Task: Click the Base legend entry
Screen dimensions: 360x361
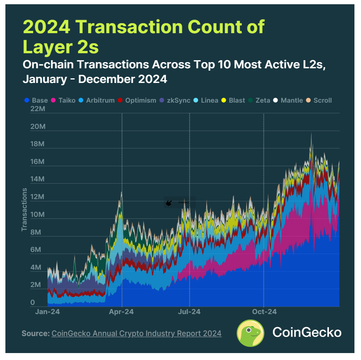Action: (x=36, y=100)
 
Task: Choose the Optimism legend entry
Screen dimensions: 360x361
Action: (x=137, y=100)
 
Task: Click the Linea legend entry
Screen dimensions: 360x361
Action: (x=207, y=100)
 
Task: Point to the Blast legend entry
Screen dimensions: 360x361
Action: (x=233, y=100)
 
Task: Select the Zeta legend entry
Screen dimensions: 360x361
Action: (x=259, y=100)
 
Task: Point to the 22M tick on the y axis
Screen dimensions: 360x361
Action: (x=37, y=109)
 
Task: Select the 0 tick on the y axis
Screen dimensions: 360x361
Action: (x=32, y=303)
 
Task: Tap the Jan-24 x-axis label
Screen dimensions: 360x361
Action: (x=47, y=312)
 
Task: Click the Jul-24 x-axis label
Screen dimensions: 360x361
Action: (x=189, y=312)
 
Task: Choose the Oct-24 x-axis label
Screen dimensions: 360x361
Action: (x=264, y=312)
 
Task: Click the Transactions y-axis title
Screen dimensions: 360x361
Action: (x=24, y=210)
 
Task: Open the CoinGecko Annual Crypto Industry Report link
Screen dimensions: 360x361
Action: (x=136, y=333)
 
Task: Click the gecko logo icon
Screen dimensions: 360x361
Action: (x=250, y=333)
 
